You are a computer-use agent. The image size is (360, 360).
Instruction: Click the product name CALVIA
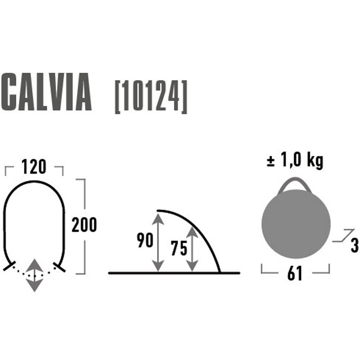46,92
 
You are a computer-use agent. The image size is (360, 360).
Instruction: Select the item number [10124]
151,97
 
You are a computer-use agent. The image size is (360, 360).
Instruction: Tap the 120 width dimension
34,166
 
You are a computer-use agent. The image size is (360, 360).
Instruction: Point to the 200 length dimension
84,225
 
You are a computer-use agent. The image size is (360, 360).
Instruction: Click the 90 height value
145,240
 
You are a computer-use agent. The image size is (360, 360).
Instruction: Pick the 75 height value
179,248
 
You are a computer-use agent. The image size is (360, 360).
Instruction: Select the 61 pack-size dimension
295,273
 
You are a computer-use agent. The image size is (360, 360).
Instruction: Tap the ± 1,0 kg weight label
295,161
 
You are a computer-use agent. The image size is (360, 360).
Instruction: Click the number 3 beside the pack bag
355,245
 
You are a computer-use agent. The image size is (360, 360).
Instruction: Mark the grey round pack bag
296,224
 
